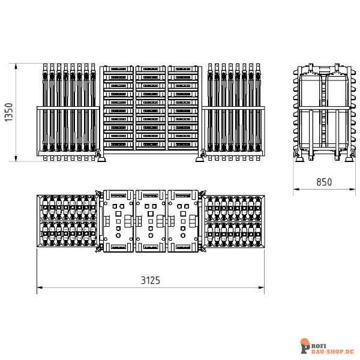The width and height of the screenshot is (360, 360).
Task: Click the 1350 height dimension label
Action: (x=9, y=112)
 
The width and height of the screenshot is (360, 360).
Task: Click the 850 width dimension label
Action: (x=324, y=182)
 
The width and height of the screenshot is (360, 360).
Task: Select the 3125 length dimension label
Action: (x=151, y=280)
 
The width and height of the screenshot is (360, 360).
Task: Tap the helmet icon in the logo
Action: (x=305, y=342)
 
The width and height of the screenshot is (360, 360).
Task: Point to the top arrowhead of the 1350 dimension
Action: (x=16, y=67)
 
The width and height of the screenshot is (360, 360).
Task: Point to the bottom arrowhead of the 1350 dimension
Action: (x=16, y=158)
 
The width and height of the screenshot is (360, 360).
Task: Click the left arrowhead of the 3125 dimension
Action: (x=40, y=287)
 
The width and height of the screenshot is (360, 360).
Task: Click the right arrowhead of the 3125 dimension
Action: (x=261, y=287)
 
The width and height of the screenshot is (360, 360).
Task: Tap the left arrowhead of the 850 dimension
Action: (x=296, y=190)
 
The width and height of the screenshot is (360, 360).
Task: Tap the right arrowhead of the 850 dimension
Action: (x=352, y=190)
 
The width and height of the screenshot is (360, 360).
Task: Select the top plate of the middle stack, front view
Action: (x=151, y=69)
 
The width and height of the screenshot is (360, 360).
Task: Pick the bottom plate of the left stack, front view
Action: (x=118, y=145)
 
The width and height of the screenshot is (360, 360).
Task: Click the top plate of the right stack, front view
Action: (x=183, y=69)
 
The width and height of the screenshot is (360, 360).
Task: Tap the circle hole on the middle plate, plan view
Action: (x=151, y=235)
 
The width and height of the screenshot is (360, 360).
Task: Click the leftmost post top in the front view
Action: (x=45, y=67)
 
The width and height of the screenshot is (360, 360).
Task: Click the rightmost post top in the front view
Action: (x=258, y=67)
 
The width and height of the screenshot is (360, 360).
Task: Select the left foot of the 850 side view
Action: (x=299, y=158)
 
